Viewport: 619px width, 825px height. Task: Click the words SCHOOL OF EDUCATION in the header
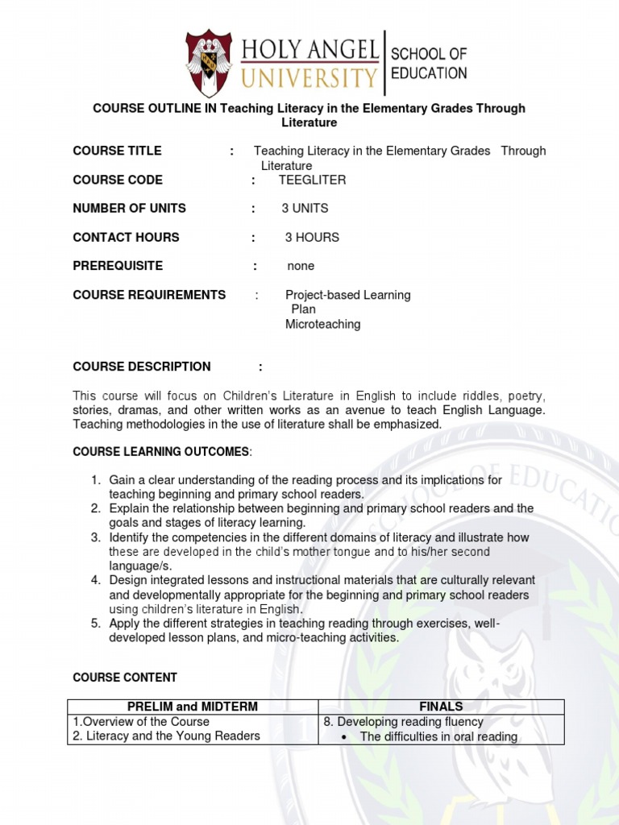click(x=428, y=64)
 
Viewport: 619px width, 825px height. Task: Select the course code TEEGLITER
click(x=312, y=180)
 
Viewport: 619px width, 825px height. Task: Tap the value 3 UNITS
click(x=305, y=209)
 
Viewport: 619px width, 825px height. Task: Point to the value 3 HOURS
click(x=312, y=238)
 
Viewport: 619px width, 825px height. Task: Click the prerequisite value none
click(x=301, y=266)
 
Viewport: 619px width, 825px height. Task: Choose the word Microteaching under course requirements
click(x=322, y=324)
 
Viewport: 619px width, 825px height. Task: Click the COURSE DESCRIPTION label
click(x=142, y=367)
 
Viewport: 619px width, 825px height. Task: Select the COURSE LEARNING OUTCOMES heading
click(x=162, y=452)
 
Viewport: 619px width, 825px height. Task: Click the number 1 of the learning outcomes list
click(x=95, y=480)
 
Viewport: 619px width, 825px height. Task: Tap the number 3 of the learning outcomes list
click(x=95, y=537)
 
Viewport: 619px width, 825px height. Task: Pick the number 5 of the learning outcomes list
click(x=95, y=624)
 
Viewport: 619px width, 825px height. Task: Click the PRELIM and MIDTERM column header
click(x=193, y=707)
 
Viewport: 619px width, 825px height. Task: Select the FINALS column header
click(x=441, y=707)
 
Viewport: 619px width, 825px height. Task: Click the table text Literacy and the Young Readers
click(x=172, y=736)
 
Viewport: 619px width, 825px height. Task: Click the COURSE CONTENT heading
click(x=125, y=678)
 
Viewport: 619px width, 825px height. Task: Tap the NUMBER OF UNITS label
click(x=129, y=209)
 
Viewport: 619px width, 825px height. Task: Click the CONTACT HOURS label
click(x=126, y=238)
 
